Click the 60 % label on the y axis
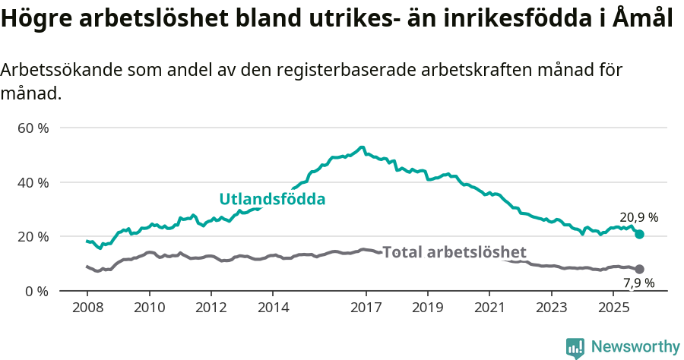point(33,128)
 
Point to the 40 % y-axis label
point(33,182)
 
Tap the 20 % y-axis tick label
point(33,237)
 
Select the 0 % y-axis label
point(36,291)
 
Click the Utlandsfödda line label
point(272,200)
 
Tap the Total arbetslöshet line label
point(454,252)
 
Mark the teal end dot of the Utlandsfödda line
point(639,234)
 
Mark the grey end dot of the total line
point(639,269)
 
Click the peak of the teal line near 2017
point(362,147)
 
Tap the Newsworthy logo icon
point(575,347)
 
